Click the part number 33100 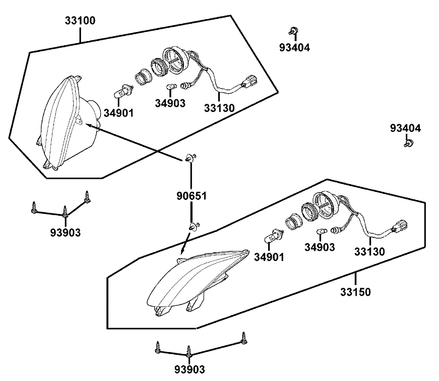80,21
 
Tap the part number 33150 355,291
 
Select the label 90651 191,196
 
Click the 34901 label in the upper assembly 119,113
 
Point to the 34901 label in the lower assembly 269,257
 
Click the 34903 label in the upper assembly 170,103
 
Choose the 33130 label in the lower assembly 370,252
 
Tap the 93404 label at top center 295,47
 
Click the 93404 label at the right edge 405,128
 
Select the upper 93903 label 65,232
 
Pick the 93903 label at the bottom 189,370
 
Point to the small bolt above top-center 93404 293,31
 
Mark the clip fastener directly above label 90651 191,158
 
